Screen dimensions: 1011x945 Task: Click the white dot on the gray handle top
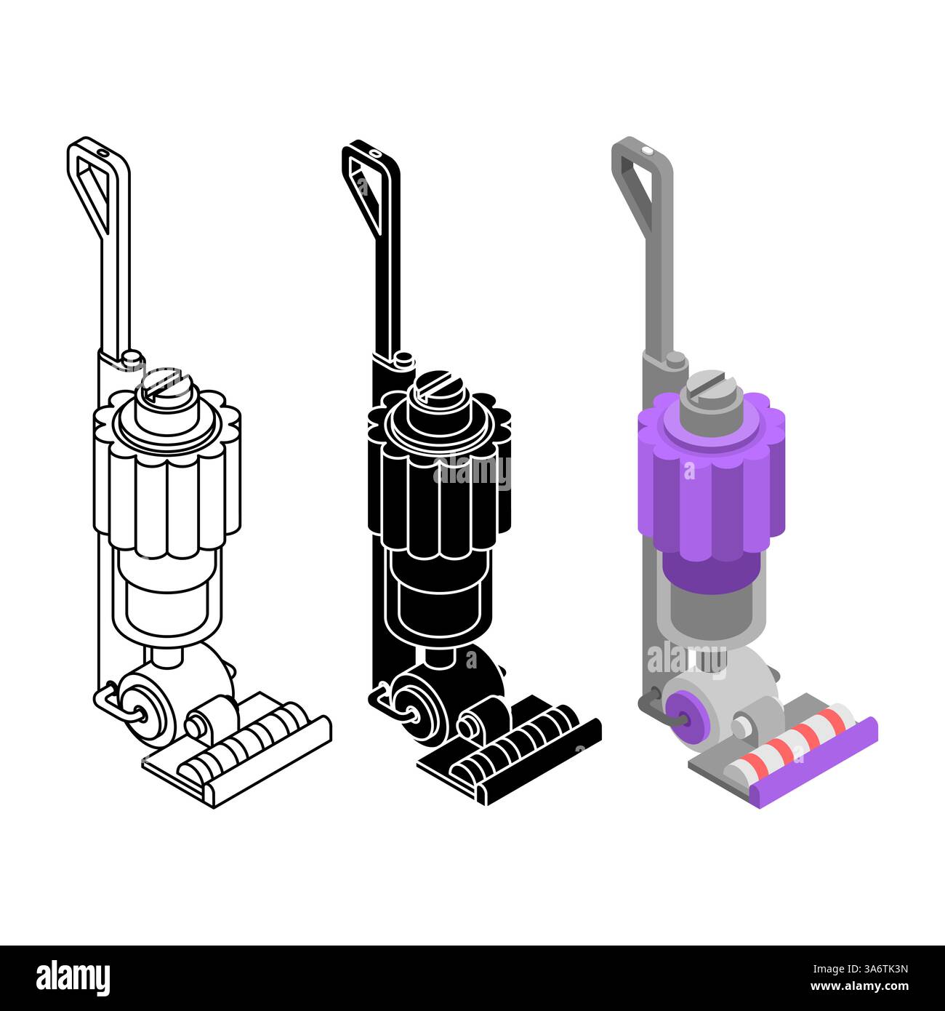647,150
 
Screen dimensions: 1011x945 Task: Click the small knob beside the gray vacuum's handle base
675,360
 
